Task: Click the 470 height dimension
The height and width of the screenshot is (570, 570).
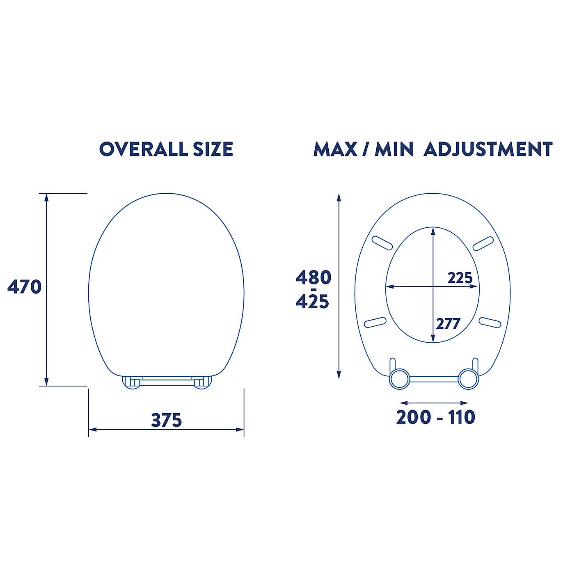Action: coord(25,286)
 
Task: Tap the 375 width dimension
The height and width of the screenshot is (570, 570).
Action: coord(166,420)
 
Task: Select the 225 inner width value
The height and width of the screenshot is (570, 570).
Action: coord(460,278)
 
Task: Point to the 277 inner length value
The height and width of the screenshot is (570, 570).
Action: coord(448,324)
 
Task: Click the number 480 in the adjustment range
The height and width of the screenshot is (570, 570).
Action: coord(313,278)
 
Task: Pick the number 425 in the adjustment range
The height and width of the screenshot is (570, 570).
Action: coord(313,302)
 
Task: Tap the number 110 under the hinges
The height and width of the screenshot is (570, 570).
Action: coord(461,417)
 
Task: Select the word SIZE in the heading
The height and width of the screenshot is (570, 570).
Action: coord(213,149)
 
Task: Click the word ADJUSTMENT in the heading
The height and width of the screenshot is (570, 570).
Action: coord(488,149)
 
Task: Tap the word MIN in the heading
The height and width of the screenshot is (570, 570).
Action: coord(394,149)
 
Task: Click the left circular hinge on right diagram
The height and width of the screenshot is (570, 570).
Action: coord(399,379)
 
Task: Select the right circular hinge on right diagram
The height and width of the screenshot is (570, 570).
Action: coord(468,379)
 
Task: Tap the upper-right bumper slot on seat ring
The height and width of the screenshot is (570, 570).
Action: coord(483,243)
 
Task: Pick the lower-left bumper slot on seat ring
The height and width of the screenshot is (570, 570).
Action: coord(375,322)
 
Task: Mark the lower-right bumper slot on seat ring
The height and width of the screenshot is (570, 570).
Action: coord(490,323)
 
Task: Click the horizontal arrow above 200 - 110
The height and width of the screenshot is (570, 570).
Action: coord(434,403)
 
